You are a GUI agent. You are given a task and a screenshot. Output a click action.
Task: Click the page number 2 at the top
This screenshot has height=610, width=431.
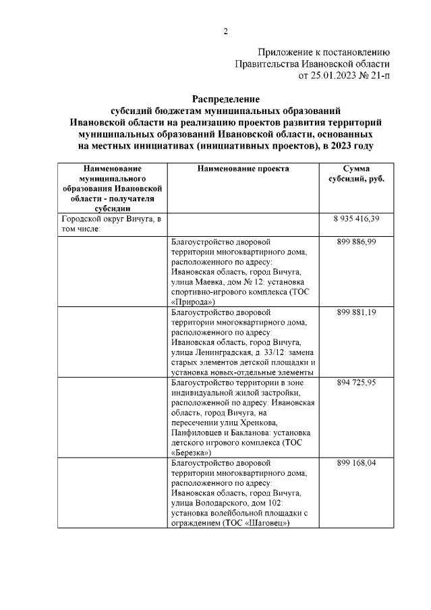[226, 31]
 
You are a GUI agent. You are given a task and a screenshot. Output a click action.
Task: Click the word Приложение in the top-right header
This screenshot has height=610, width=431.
[287, 52]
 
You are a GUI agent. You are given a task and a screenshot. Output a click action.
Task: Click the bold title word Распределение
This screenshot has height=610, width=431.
[226, 99]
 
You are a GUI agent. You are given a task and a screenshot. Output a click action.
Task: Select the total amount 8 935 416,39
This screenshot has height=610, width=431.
[355, 220]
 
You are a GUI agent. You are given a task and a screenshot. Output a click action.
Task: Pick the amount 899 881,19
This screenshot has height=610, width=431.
[355, 313]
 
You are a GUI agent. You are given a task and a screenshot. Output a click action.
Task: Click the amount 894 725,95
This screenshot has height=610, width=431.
[355, 383]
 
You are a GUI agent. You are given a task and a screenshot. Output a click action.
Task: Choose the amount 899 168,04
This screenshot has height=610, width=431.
[355, 464]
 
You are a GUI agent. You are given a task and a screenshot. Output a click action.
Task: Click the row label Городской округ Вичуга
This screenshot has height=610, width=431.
[111, 220]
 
